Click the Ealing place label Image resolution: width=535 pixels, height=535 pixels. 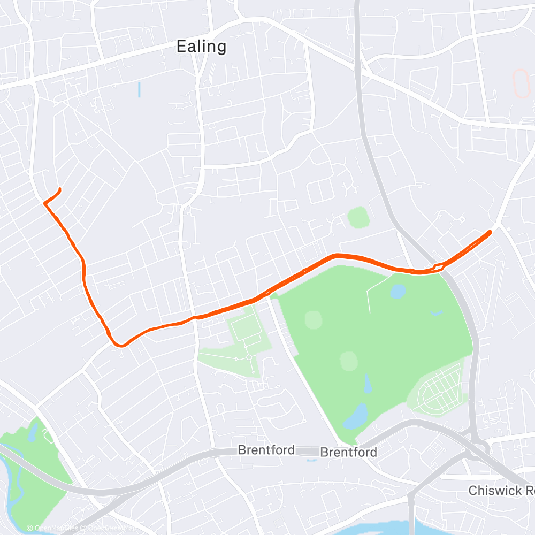click(x=201, y=47)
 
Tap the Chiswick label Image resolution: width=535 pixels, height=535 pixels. click(x=501, y=490)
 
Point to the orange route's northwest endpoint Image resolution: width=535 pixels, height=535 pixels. click(x=59, y=189)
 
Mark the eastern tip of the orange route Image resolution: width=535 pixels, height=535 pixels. click(x=490, y=232)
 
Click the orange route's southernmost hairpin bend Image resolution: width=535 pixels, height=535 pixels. click(x=121, y=346)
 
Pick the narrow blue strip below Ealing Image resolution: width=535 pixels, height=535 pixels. click(x=139, y=89)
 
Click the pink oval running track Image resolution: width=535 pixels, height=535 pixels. click(x=519, y=83)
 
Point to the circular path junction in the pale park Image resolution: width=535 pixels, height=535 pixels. click(x=249, y=357)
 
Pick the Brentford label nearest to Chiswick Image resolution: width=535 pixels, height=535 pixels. click(x=348, y=453)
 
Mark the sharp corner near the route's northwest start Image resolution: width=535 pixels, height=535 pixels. click(x=44, y=203)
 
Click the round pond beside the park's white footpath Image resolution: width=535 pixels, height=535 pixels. click(x=398, y=291)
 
